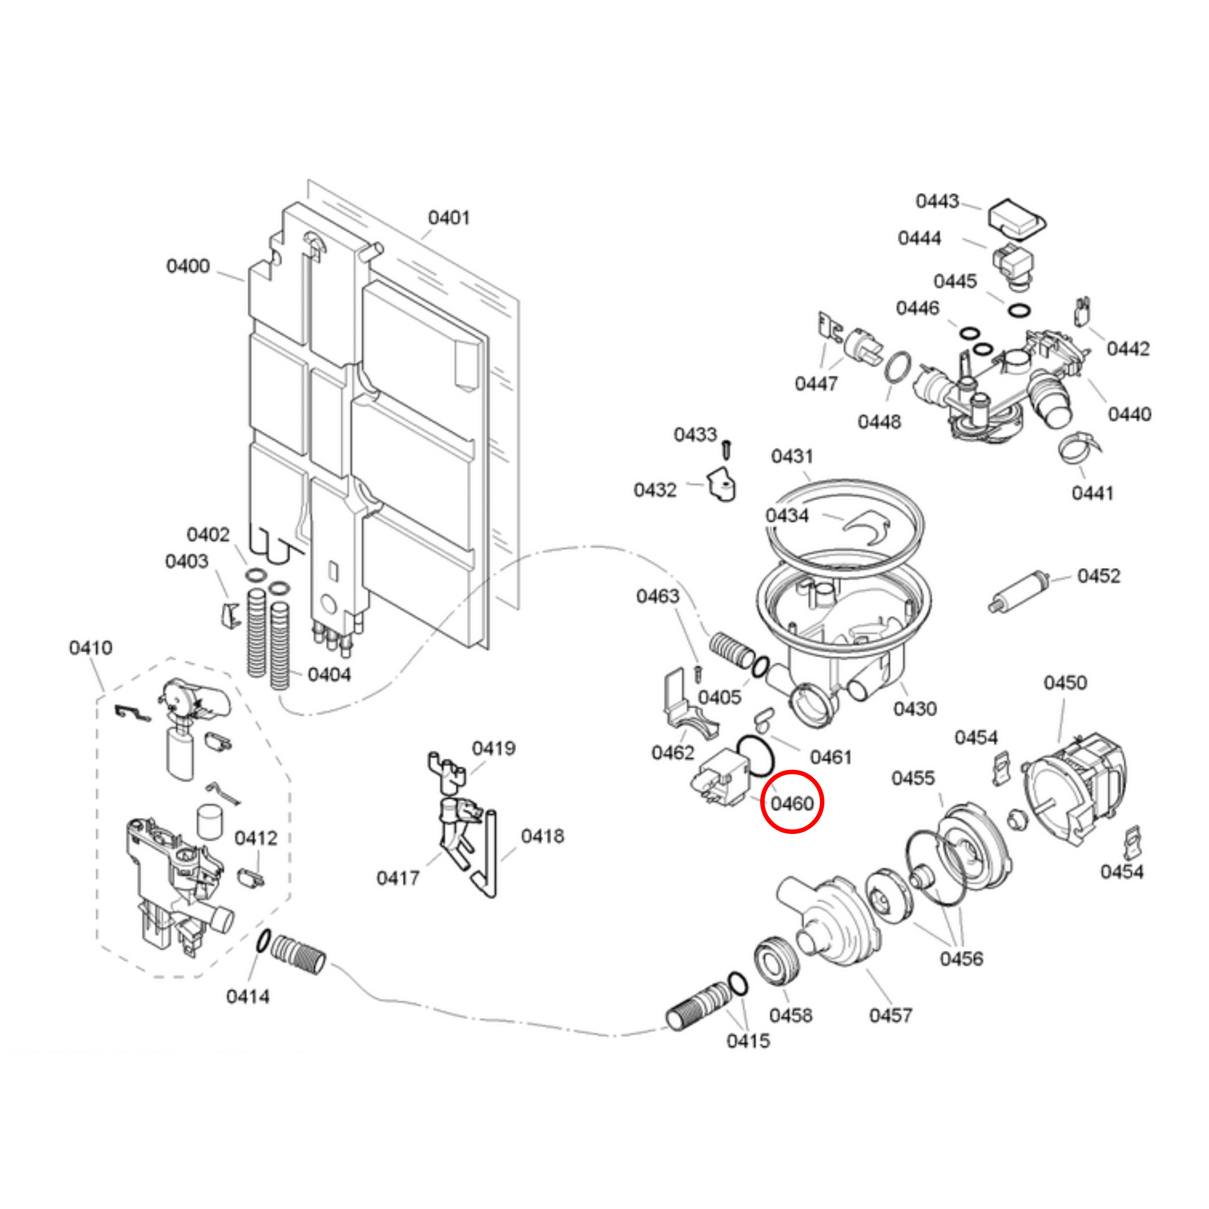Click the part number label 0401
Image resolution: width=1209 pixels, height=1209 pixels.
pyautogui.click(x=449, y=218)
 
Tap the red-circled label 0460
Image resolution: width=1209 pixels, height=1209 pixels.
pyautogui.click(x=792, y=803)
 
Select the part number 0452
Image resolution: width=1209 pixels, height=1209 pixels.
pyautogui.click(x=1098, y=576)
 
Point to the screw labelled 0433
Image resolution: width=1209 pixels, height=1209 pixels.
pyautogui.click(x=727, y=449)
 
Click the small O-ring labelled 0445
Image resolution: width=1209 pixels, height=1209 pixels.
pyautogui.click(x=1019, y=310)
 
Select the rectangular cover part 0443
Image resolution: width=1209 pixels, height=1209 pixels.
pyautogui.click(x=1016, y=219)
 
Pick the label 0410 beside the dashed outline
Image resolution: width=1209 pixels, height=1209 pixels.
pyautogui.click(x=91, y=647)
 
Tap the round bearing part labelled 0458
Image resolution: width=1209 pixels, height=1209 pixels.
pyautogui.click(x=778, y=962)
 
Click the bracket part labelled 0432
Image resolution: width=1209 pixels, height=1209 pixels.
pyautogui.click(x=721, y=486)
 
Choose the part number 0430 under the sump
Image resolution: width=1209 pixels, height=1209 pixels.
pyautogui.click(x=914, y=709)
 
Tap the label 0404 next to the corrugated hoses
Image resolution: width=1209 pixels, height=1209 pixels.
pyautogui.click(x=329, y=675)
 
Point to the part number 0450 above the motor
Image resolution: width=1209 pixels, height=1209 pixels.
pyautogui.click(x=1064, y=682)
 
